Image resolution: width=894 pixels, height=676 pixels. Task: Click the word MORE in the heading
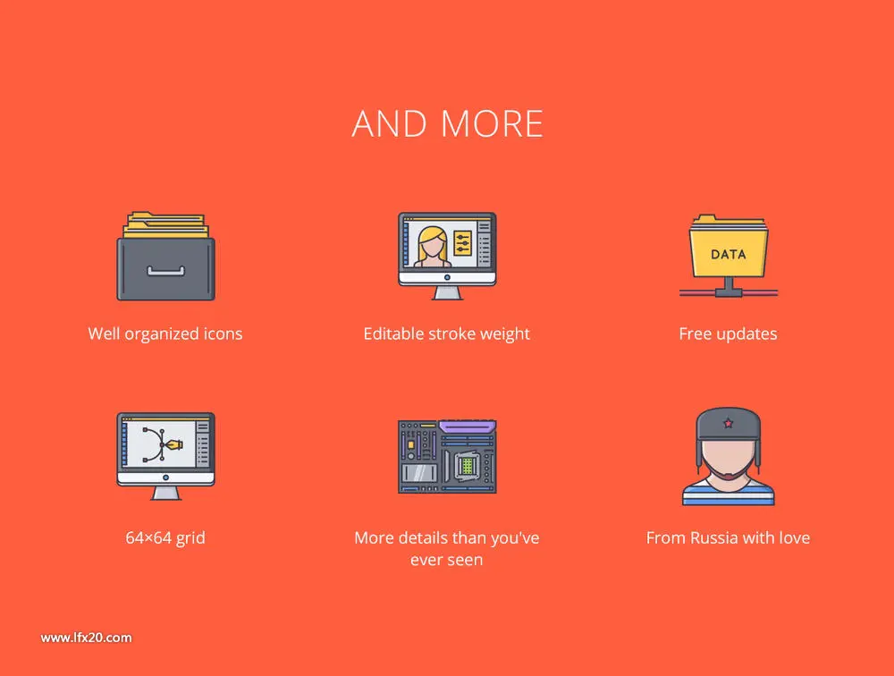[x=492, y=123]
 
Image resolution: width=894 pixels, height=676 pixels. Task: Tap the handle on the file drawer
[x=166, y=271]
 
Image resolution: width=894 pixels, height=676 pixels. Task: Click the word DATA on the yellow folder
[x=728, y=255]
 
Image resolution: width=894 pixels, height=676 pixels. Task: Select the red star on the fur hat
[x=728, y=423]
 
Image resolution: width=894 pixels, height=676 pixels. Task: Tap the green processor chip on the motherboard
[x=467, y=467]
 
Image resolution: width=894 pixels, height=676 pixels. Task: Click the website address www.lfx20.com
[x=86, y=638]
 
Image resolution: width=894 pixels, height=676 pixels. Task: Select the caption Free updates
[x=728, y=334]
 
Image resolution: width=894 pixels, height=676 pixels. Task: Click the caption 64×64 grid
[x=165, y=538]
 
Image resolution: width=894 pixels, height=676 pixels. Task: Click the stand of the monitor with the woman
[x=447, y=292]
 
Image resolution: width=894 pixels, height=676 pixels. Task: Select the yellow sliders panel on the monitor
[x=462, y=243]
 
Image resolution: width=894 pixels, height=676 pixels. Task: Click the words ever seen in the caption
[x=446, y=560]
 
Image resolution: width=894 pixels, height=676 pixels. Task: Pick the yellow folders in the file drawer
[x=166, y=225]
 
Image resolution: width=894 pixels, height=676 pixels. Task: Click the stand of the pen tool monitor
[x=166, y=493]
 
